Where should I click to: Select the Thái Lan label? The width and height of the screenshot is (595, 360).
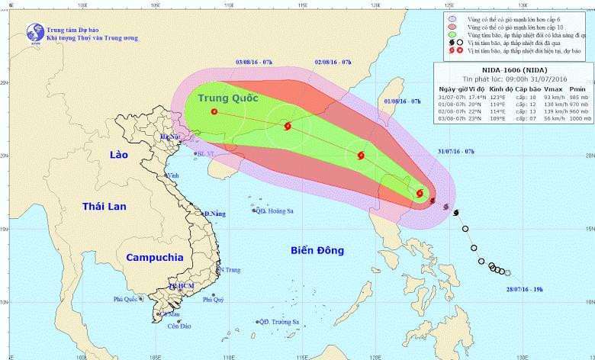pyautogui.click(x=105, y=206)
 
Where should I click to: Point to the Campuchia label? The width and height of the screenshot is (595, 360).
pyautogui.click(x=155, y=257)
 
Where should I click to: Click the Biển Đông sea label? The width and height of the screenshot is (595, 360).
pyautogui.click(x=317, y=249)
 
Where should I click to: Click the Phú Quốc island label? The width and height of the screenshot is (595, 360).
pyautogui.click(x=128, y=299)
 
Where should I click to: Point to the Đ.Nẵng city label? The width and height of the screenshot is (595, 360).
pyautogui.click(x=216, y=214)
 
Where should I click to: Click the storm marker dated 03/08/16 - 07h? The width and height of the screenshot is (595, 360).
pyautogui.click(x=213, y=112)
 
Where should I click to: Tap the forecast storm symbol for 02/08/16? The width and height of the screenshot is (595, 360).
pyautogui.click(x=288, y=127)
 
